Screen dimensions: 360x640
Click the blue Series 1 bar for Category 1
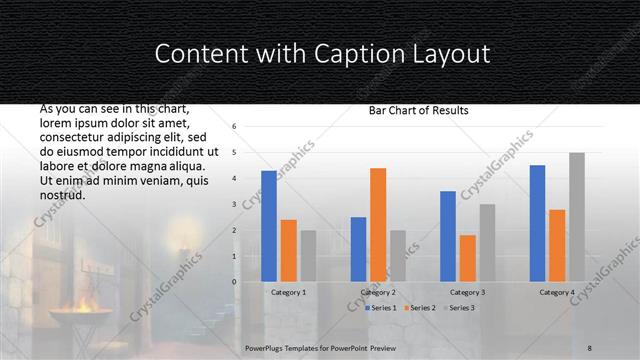click(268, 226)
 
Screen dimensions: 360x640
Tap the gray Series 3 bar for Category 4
click(577, 217)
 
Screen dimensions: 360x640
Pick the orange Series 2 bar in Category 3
click(468, 258)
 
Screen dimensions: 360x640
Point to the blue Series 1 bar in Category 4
click(537, 223)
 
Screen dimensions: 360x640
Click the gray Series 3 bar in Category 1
click(308, 256)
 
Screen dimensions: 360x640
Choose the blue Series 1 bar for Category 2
click(358, 249)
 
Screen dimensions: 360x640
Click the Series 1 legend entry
click(382, 308)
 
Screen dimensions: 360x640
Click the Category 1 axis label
click(289, 292)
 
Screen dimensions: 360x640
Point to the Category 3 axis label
click(468, 292)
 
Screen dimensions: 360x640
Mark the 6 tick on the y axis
click(233, 127)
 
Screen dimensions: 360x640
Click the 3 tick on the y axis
click(233, 204)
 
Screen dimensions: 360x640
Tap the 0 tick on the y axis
click(233, 282)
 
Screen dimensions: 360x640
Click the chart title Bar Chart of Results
click(412, 110)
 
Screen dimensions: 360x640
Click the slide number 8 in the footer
click(590, 346)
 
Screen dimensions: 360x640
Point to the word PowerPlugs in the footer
click(267, 346)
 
